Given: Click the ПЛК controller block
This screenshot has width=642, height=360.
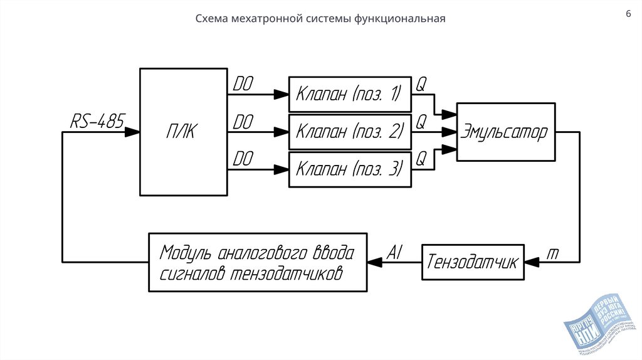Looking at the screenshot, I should click(182, 132).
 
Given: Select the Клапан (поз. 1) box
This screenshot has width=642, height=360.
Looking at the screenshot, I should click(349, 94).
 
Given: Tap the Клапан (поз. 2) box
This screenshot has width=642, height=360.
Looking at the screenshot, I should click(349, 132).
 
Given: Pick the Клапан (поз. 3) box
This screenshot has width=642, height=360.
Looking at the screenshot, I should click(349, 169).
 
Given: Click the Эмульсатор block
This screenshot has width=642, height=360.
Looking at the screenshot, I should click(505, 132).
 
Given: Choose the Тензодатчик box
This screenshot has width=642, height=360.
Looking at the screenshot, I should click(473, 262).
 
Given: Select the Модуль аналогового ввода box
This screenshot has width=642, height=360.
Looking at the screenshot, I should click(257, 262).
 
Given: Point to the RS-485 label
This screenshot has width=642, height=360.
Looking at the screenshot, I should click(97, 120).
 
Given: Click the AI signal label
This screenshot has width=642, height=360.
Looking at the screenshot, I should click(394, 251).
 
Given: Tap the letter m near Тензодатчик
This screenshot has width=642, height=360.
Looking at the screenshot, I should click(553, 252).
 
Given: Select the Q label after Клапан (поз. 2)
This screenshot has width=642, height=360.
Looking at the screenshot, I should click(421, 120).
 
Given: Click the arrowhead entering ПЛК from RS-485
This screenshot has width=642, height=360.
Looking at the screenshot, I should click(133, 132).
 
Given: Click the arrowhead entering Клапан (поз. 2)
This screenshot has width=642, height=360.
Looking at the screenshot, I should click(282, 132).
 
